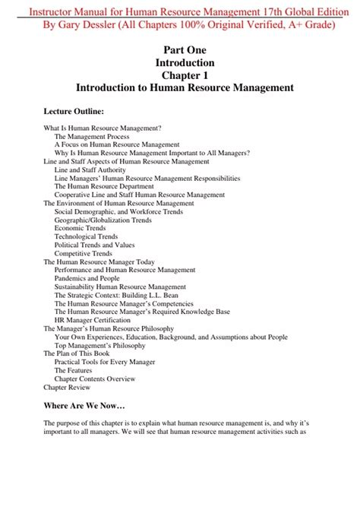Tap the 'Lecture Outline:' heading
pyautogui.click(x=79, y=111)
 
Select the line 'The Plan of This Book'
pyautogui.click(x=77, y=353)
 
